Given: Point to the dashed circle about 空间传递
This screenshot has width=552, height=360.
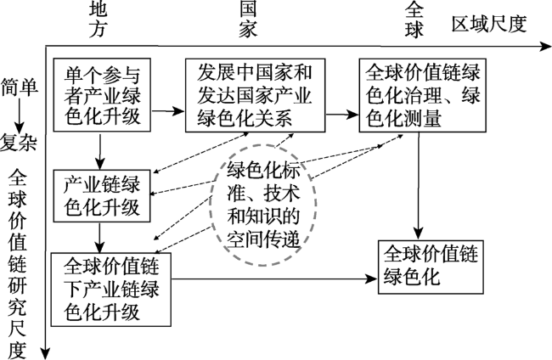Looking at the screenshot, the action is point(211,205).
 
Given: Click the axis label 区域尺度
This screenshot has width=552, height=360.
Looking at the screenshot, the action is point(489,25).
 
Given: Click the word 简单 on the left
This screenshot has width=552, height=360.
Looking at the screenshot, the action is point(20,87).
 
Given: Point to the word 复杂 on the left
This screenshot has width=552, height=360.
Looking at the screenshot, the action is point(19,143).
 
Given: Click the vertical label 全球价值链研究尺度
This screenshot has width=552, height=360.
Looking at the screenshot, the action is point(18,264).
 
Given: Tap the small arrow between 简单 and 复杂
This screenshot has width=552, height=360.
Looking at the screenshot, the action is point(19,115).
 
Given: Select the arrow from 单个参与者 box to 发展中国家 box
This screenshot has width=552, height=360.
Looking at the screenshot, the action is point(168,111).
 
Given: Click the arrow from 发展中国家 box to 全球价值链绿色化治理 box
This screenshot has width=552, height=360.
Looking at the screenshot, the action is point(342,114).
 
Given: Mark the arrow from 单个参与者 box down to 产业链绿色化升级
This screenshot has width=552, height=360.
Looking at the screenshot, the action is point(100,151).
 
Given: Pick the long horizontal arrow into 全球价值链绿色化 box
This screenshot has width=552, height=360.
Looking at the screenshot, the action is point(274,279).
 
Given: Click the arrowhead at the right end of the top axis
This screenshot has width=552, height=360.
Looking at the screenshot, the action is point(546,46).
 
